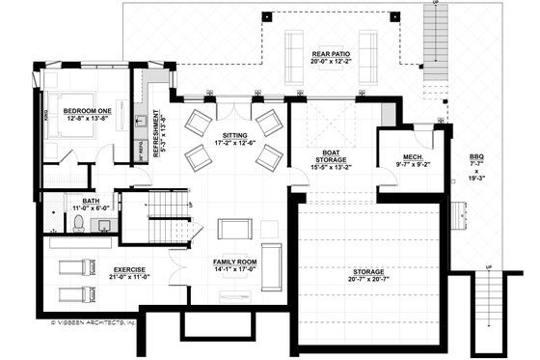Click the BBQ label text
[x=476, y=156]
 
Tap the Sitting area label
[x=235, y=137]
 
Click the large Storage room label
[x=368, y=273]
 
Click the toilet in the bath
[x=77, y=223]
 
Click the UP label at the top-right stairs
[x=436, y=4]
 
